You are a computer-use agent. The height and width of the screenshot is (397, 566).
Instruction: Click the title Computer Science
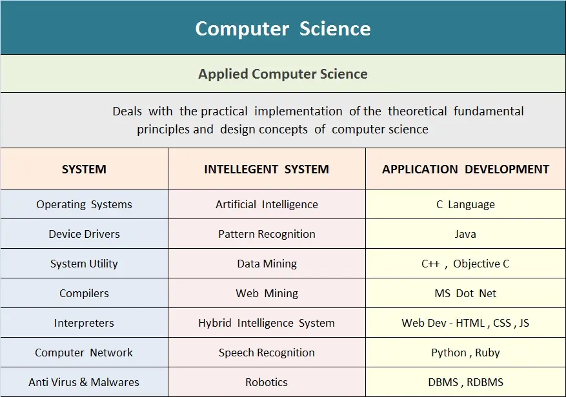pyautogui.click(x=283, y=29)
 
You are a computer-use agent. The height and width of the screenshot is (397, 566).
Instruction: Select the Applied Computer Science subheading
pyautogui.click(x=283, y=74)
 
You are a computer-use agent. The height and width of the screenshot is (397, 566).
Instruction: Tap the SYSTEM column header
pyautogui.click(x=84, y=169)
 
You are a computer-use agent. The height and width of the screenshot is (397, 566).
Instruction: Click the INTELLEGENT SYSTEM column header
pyautogui.click(x=267, y=169)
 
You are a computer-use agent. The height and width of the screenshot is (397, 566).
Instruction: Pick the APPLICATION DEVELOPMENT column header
pyautogui.click(x=465, y=169)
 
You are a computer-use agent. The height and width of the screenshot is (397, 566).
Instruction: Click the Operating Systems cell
pyautogui.click(x=84, y=204)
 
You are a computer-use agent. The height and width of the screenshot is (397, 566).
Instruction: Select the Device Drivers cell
pyautogui.click(x=84, y=234)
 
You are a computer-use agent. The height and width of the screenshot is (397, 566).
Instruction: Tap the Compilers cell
pyautogui.click(x=84, y=293)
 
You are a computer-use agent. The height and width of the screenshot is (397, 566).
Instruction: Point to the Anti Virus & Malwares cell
pyautogui.click(x=84, y=382)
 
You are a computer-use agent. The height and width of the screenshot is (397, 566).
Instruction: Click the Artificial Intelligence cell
pyautogui.click(x=267, y=204)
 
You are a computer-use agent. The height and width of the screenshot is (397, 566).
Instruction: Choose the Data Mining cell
pyautogui.click(x=267, y=264)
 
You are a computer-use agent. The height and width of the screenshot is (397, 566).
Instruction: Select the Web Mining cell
pyautogui.click(x=267, y=293)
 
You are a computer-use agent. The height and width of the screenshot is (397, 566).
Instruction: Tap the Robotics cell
pyautogui.click(x=267, y=382)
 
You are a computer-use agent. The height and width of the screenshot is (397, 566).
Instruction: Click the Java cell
pyautogui.click(x=465, y=234)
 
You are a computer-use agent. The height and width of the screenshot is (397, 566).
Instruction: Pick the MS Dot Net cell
pyautogui.click(x=465, y=293)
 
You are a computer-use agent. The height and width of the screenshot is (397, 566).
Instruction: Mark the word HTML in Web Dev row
pyautogui.click(x=470, y=323)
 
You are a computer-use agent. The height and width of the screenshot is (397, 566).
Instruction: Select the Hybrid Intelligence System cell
pyautogui.click(x=267, y=323)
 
